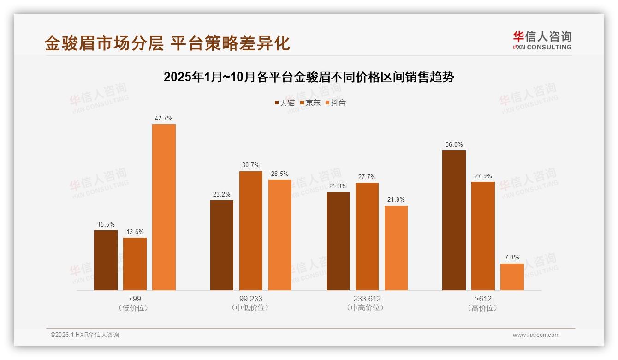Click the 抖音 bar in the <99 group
click(164, 207)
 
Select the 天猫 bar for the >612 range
click(454, 220)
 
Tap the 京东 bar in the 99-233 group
click(251, 230)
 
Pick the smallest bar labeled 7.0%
click(512, 276)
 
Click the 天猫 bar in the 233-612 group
click(338, 241)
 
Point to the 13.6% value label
click(135, 232)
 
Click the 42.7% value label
click(164, 118)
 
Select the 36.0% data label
click(454, 144)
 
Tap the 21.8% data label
click(396, 199)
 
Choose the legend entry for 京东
click(310, 102)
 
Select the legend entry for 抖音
click(336, 102)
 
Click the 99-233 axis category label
click(251, 299)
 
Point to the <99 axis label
click(135, 299)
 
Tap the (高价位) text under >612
click(483, 308)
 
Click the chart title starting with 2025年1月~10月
click(309, 77)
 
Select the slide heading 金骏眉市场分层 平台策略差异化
click(167, 43)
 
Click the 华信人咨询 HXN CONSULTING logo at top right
click(542, 40)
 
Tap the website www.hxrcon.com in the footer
click(536, 335)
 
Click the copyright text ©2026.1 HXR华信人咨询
click(85, 335)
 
